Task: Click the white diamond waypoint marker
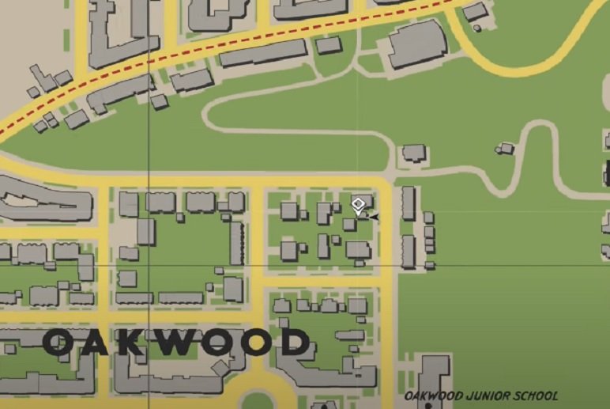point(358,206)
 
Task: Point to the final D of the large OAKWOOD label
point(295,343)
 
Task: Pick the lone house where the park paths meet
point(413,153)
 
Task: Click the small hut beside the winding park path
point(504,148)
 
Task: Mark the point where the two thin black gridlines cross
point(149,266)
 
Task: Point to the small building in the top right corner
point(475,12)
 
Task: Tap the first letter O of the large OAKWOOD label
point(60,343)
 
